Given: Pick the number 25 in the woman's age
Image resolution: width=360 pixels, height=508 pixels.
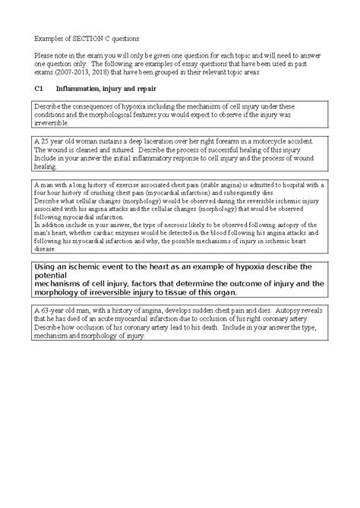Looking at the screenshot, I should click(x=45, y=142).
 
